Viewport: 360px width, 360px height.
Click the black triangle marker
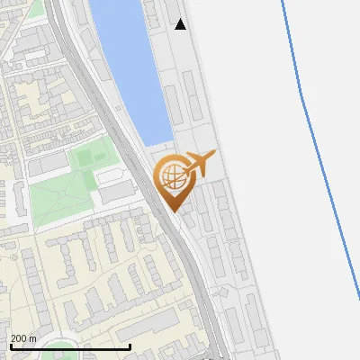click(x=181, y=24)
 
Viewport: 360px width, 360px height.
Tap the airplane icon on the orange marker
click(x=200, y=163)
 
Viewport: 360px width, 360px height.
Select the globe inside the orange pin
click(x=172, y=175)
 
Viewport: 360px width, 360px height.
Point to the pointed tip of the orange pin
click(x=172, y=211)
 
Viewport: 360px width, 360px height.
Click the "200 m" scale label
click(x=23, y=337)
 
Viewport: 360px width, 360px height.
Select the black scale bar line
click(x=70, y=346)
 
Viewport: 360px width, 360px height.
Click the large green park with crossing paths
click(x=63, y=193)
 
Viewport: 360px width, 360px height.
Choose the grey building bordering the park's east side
click(x=115, y=192)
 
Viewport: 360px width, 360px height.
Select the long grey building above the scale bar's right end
click(x=148, y=325)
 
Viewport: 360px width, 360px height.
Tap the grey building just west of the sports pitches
click(x=49, y=163)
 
